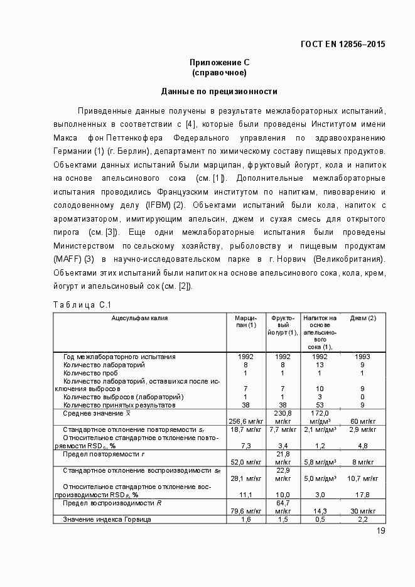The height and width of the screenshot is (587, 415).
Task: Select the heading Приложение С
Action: pyautogui.click(x=219, y=62)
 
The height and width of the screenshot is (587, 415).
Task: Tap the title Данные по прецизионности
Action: pyautogui.click(x=219, y=91)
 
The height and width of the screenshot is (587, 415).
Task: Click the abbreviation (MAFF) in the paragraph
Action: pyautogui.click(x=68, y=259)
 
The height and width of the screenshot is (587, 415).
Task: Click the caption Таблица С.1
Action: pyautogui.click(x=82, y=305)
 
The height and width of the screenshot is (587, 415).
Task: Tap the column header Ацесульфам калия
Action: pyautogui.click(x=139, y=318)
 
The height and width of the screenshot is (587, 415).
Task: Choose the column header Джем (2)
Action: pyautogui.click(x=363, y=318)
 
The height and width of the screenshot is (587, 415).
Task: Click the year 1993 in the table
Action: pyautogui.click(x=362, y=357)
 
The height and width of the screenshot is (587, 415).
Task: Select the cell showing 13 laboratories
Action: pyautogui.click(x=320, y=365)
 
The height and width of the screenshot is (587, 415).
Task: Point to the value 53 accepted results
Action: pyautogui.click(x=320, y=405)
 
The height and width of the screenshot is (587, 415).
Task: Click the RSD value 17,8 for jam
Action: pyautogui.click(x=362, y=495)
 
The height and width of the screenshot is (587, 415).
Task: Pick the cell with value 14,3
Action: pyautogui.click(x=320, y=511)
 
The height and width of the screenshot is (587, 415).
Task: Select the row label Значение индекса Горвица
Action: pyautogui.click(x=107, y=519)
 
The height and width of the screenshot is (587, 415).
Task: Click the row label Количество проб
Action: pyautogui.click(x=89, y=373)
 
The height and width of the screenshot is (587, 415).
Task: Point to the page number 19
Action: pyautogui.click(x=380, y=531)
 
